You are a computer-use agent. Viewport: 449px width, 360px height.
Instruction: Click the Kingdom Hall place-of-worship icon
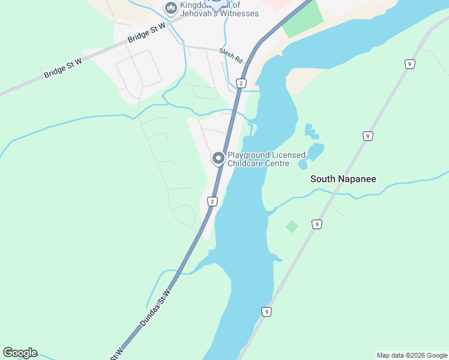tap(170, 8)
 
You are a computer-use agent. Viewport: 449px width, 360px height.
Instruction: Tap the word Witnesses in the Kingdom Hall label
tap(238, 14)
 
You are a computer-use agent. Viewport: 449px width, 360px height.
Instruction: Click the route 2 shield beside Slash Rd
tap(241, 83)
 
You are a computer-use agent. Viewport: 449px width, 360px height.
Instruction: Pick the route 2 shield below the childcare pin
tap(212, 202)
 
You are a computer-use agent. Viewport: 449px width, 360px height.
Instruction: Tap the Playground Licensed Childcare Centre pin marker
tap(218, 158)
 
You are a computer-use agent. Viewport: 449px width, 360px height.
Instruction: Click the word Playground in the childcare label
tap(249, 155)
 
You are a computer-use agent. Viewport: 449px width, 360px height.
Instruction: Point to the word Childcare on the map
tap(245, 164)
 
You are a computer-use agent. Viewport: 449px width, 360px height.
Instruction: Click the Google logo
tap(20, 353)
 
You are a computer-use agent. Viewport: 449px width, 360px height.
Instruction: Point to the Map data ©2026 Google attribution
tap(412, 355)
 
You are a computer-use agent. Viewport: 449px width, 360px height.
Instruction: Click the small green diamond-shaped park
tap(292, 226)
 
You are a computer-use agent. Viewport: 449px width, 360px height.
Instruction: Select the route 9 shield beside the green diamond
tap(316, 224)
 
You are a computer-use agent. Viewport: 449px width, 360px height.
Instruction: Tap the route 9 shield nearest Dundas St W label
tap(266, 311)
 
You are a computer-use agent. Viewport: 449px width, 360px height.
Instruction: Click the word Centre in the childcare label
tap(277, 164)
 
